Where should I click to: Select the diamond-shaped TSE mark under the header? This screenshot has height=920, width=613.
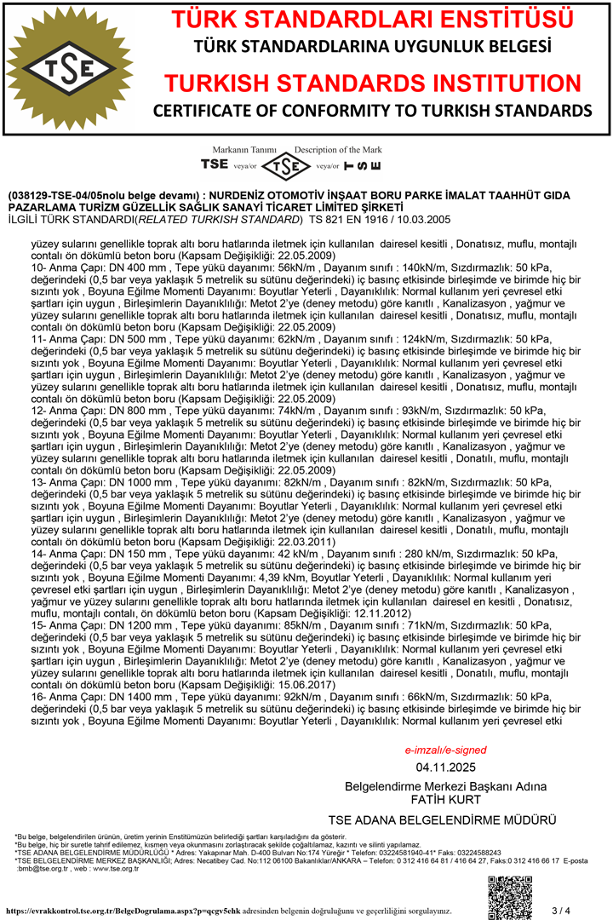point(285,164)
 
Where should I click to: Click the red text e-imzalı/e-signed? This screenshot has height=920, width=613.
point(445,750)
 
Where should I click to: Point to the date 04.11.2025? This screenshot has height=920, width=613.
point(445,767)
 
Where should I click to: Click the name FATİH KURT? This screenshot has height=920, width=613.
point(445,800)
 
